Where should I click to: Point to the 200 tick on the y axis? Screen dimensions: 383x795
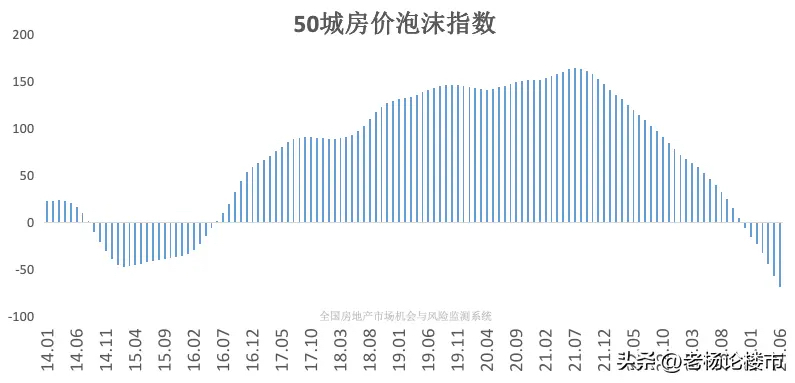pyautogui.click(x=22, y=35)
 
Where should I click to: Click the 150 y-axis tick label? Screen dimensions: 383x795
pyautogui.click(x=22, y=82)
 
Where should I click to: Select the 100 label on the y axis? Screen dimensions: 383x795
pyautogui.click(x=22, y=129)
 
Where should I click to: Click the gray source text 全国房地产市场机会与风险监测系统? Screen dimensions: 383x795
pyautogui.click(x=405, y=315)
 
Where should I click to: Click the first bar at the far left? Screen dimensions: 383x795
pyautogui.click(x=47, y=212)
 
